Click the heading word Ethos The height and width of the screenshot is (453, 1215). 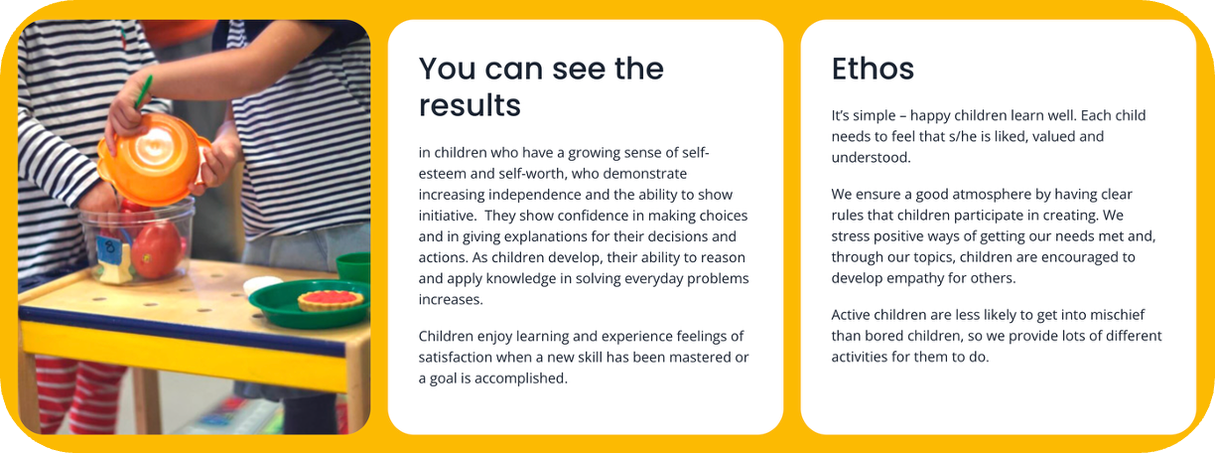coord(873,69)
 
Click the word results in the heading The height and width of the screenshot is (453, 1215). coord(470,105)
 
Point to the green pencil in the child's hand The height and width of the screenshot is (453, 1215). coord(143,91)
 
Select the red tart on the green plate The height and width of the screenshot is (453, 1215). coord(331,300)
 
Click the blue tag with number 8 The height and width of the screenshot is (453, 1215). coord(108,247)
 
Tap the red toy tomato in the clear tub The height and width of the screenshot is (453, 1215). coord(157,249)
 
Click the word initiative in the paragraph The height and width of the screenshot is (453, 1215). coord(447,216)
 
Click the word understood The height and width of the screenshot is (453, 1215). coord(872,158)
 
